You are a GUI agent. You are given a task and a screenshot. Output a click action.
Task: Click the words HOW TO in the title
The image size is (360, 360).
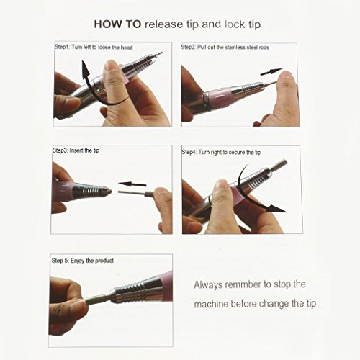click(x=117, y=24)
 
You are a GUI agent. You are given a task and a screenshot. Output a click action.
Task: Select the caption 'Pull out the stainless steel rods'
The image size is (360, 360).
click(x=233, y=47)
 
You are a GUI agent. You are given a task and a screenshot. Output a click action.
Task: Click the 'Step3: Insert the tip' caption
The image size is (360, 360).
click(x=76, y=150)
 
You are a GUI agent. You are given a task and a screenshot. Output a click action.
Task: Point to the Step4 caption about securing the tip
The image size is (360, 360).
click(x=221, y=152)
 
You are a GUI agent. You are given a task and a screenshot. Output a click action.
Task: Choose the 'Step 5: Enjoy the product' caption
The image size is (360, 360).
click(x=83, y=261)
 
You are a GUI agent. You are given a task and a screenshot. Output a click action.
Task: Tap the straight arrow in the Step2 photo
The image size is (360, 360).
click(x=271, y=72)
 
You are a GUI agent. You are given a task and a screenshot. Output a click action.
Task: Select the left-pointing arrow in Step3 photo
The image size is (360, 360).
click(x=132, y=184)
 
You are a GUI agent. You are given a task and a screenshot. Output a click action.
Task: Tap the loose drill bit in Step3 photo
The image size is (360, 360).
click(x=137, y=193)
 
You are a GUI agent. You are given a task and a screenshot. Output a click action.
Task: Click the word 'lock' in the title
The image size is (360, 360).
click(x=235, y=24)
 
